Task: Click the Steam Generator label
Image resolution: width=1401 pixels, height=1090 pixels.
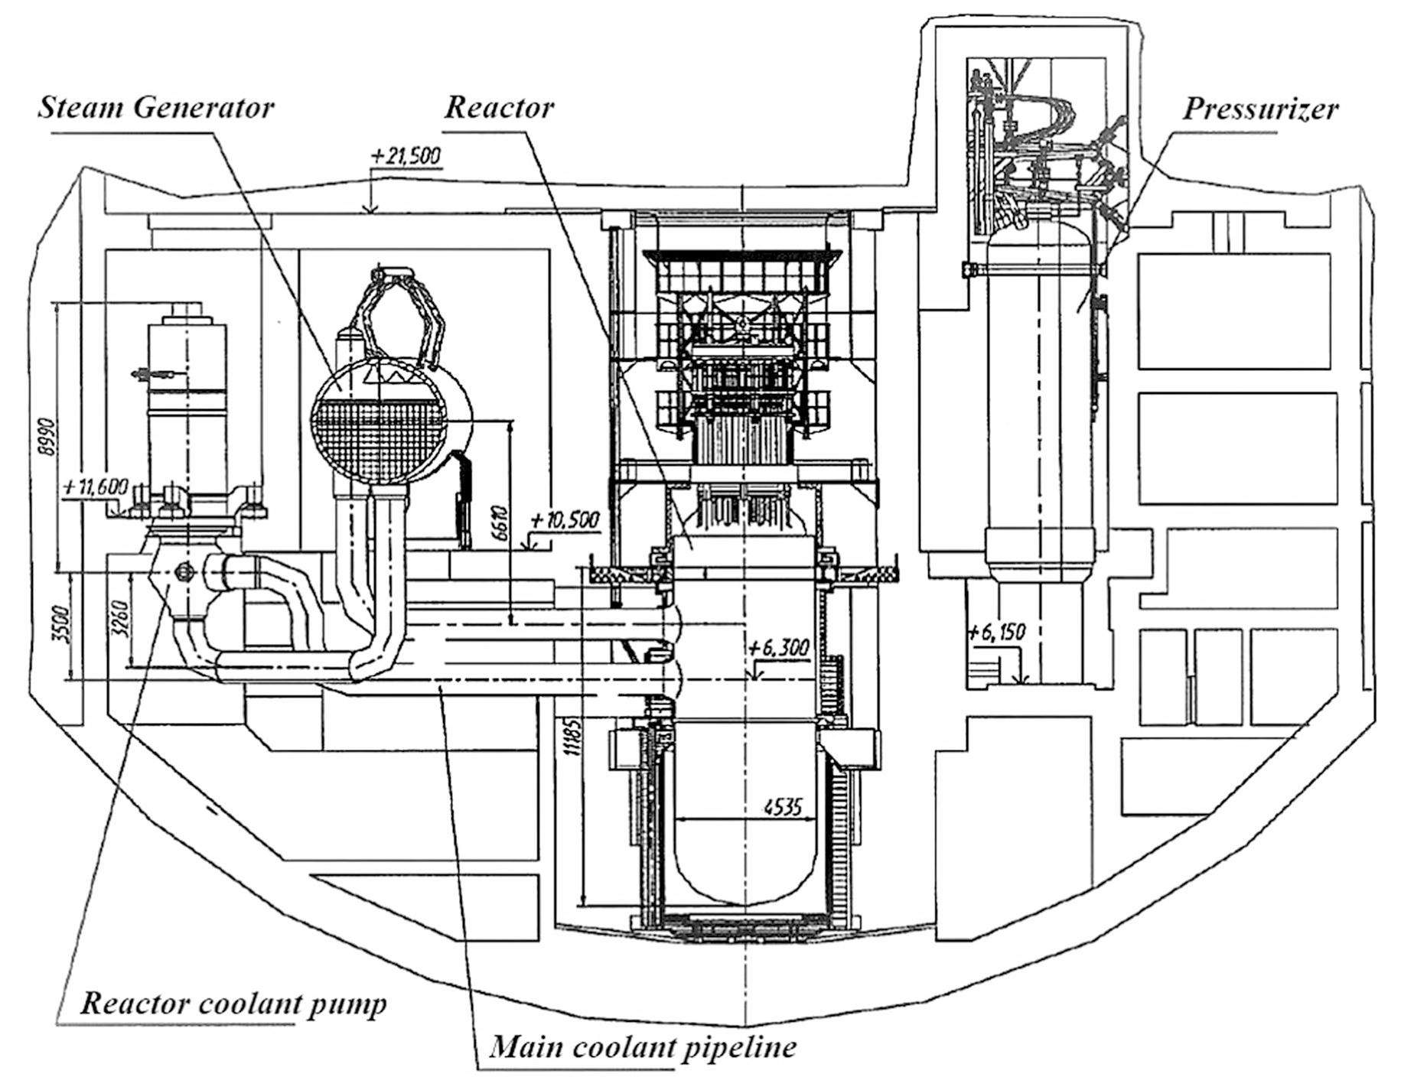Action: pyautogui.click(x=156, y=107)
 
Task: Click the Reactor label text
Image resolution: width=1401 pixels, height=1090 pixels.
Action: pyautogui.click(x=499, y=107)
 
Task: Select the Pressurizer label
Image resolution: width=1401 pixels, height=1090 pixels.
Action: pyautogui.click(x=1260, y=109)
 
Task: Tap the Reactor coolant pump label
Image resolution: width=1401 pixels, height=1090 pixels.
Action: pyautogui.click(x=233, y=1003)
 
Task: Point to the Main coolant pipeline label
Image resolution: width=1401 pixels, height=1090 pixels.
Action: pyautogui.click(x=642, y=1046)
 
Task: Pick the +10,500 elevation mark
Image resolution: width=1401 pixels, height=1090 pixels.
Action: pyautogui.click(x=565, y=520)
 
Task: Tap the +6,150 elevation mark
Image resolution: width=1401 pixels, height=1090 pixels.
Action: pyautogui.click(x=995, y=632)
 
